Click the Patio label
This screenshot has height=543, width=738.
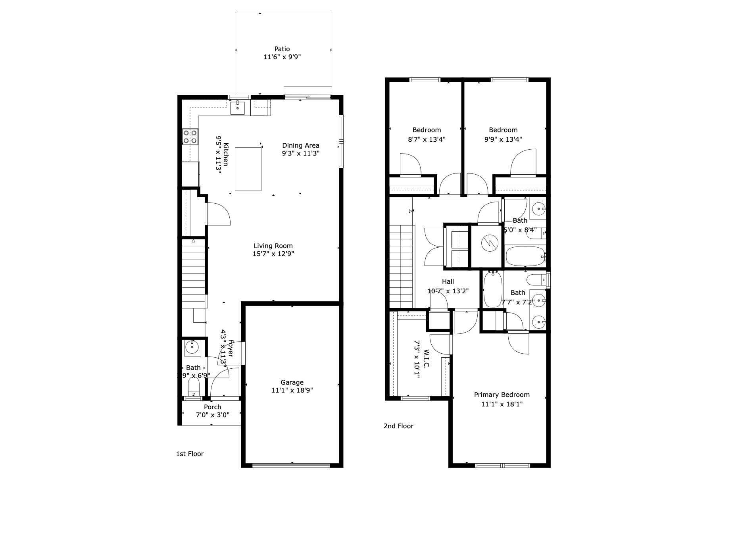pyautogui.click(x=282, y=49)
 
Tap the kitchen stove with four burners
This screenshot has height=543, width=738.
pyautogui.click(x=190, y=137)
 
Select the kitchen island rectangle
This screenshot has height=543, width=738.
pyautogui.click(x=248, y=169)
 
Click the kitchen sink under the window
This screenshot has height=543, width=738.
pyautogui.click(x=237, y=108)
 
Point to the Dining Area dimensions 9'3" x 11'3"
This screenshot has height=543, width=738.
pyautogui.click(x=300, y=153)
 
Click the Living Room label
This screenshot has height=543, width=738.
pyautogui.click(x=273, y=246)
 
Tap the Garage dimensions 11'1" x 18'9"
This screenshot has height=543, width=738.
pyautogui.click(x=292, y=390)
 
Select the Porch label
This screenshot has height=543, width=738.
pyautogui.click(x=212, y=407)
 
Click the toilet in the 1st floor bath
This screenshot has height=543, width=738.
pyautogui.click(x=194, y=386)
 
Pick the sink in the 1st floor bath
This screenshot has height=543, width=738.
pyautogui.click(x=192, y=347)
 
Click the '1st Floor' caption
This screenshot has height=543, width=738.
pyautogui.click(x=190, y=454)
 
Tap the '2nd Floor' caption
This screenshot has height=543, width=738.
pyautogui.click(x=398, y=426)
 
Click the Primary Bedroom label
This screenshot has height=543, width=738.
pyautogui.click(x=502, y=395)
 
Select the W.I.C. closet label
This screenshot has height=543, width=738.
pyautogui.click(x=427, y=359)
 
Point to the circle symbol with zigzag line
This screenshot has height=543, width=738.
pyautogui.click(x=489, y=243)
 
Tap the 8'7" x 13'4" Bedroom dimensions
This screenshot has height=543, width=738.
pyautogui.click(x=427, y=139)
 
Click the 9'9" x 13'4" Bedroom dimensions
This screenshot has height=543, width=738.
pyautogui.click(x=503, y=139)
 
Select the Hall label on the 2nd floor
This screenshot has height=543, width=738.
pyautogui.click(x=448, y=281)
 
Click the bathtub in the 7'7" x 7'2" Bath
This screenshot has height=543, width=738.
pyautogui.click(x=492, y=289)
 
